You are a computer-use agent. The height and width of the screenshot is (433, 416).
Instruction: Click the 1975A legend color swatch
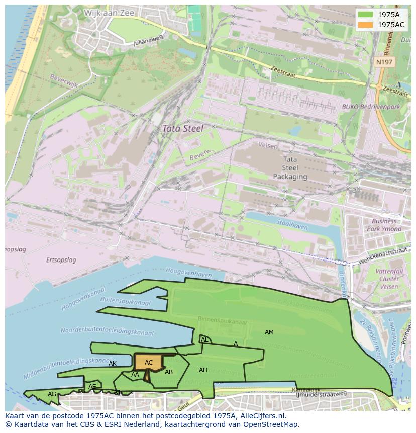pos(365,15)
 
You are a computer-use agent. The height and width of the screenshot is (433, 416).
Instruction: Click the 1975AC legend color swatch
pos(365,25)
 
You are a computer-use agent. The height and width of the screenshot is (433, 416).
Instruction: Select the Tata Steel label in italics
pos(182,129)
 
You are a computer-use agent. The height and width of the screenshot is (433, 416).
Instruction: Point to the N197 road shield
pos(384,61)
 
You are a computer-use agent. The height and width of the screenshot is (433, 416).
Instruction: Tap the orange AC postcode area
pos(148,362)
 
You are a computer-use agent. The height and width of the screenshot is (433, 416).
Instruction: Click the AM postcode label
pos(269,332)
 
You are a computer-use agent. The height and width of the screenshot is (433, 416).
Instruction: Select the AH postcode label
pos(203,370)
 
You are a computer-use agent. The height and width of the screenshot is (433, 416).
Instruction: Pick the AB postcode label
pos(169,372)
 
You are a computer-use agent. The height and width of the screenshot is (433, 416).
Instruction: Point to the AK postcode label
pos(113,364)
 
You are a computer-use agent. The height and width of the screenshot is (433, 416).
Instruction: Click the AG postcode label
pos(52,394)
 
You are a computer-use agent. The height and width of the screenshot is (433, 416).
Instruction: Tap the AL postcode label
pos(204,340)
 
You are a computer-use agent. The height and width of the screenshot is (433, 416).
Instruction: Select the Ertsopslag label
pos(61,260)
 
